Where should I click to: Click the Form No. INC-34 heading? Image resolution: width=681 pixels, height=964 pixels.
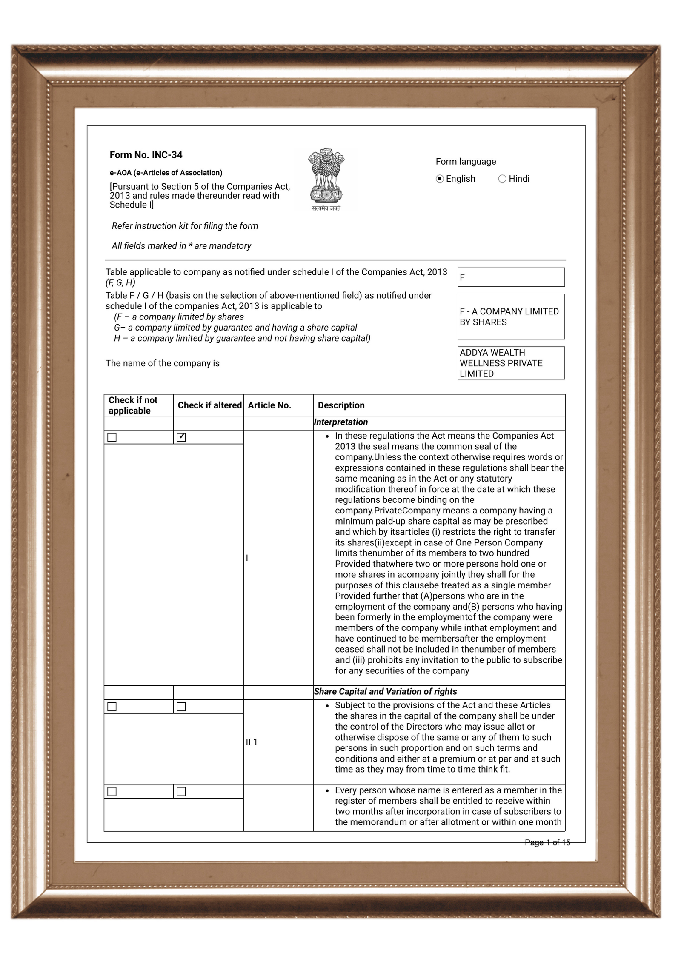click(x=146, y=155)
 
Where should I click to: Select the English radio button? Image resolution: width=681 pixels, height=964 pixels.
click(x=440, y=179)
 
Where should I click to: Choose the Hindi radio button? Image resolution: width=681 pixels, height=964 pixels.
click(x=502, y=179)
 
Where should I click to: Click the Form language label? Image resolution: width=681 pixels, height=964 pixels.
click(x=466, y=162)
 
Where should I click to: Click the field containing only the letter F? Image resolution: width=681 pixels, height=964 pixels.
click(x=511, y=277)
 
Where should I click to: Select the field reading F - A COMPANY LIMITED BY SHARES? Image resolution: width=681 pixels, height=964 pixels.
click(x=511, y=317)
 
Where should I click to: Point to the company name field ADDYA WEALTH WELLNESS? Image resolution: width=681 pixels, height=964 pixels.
click(x=511, y=363)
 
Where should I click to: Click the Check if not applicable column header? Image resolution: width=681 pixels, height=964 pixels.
click(x=133, y=405)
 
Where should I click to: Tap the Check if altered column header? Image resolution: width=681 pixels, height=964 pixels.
click(x=209, y=405)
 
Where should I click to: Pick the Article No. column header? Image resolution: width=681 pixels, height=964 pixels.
click(x=269, y=405)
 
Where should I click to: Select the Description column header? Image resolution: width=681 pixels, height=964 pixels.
click(x=341, y=405)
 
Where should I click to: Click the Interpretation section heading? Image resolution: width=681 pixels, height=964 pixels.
click(x=340, y=422)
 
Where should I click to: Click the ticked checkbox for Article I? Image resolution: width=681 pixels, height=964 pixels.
click(x=181, y=437)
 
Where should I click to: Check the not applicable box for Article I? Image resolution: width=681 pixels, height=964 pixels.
click(x=112, y=437)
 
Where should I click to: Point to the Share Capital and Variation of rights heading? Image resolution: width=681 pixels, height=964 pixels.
click(x=385, y=691)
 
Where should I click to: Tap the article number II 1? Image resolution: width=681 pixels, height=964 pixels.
click(x=252, y=742)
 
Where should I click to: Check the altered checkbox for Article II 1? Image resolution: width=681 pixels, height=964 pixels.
click(x=181, y=707)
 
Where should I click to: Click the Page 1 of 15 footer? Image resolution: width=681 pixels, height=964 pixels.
click(x=547, y=842)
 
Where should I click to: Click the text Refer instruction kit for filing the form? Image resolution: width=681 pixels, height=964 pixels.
click(x=185, y=226)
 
